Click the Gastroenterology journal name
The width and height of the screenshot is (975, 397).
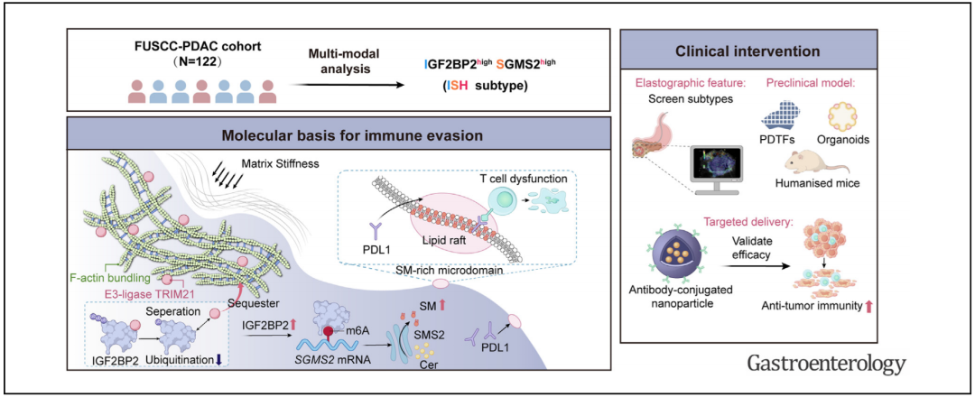[825, 364]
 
